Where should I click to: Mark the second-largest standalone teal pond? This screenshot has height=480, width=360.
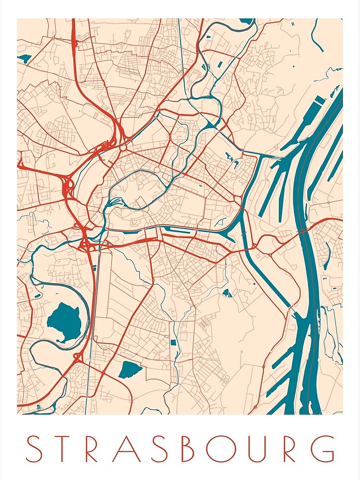(x=130, y=369)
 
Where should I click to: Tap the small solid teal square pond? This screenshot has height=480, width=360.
(x=173, y=343)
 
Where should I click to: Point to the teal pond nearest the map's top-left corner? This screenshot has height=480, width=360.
(x=24, y=59)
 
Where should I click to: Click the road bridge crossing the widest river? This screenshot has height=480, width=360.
(x=303, y=231)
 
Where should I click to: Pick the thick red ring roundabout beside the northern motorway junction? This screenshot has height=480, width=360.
(x=124, y=147)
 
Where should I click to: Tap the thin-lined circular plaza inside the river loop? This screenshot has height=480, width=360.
(x=157, y=170)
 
